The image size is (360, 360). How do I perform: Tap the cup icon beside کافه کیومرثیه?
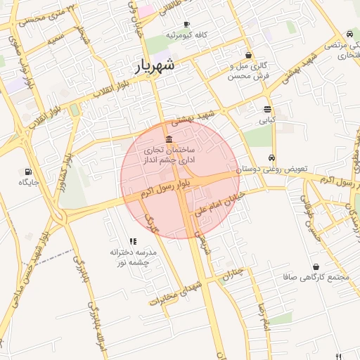(186, 24)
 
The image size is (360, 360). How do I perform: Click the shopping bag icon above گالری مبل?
(247, 55)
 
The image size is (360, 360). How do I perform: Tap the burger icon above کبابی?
(267, 109)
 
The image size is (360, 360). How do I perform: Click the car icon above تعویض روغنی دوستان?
(272, 158)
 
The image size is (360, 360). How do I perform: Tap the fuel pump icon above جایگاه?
(28, 171)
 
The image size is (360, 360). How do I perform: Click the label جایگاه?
(28, 182)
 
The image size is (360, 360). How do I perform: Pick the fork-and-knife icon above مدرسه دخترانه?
(133, 241)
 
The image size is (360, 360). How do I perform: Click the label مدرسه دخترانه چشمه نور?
(132, 257)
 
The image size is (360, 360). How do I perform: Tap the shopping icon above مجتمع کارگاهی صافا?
(316, 267)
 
